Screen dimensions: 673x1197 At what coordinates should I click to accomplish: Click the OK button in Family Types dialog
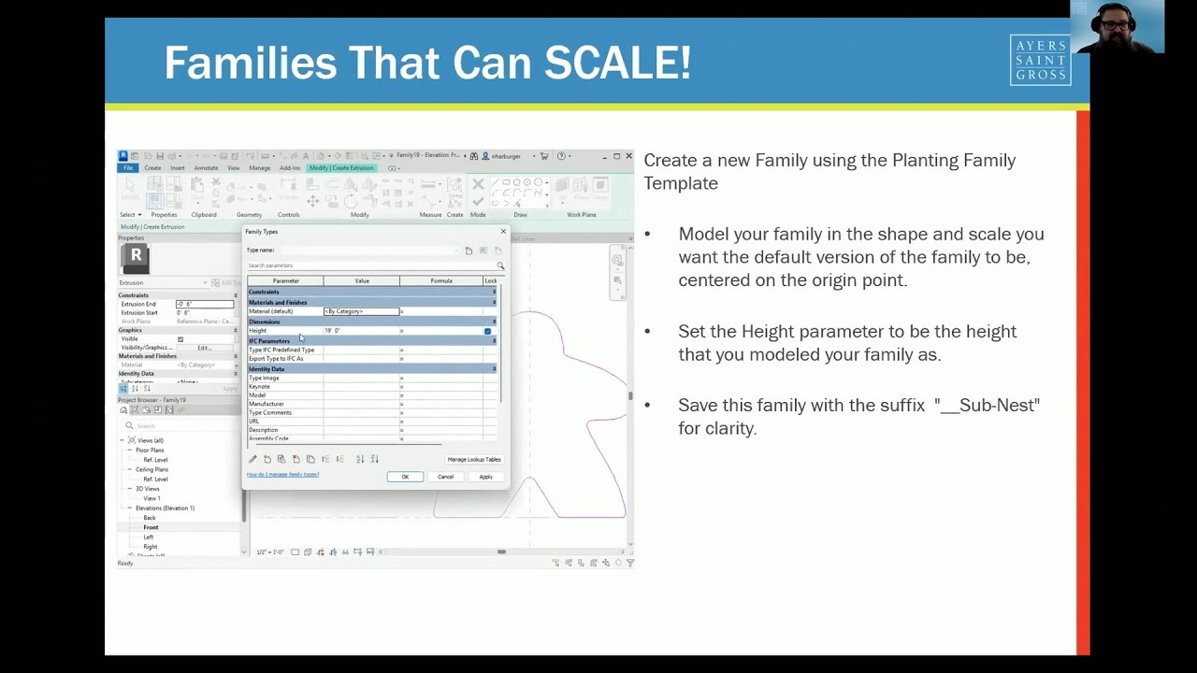405,477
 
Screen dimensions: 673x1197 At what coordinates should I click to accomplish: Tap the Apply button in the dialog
485,477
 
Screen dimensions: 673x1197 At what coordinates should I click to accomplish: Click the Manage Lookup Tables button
474,460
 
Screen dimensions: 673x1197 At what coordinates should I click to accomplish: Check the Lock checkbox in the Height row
487,331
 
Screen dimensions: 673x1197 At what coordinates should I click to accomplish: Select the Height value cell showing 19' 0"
361,331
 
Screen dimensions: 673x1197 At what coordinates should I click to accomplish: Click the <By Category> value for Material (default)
361,311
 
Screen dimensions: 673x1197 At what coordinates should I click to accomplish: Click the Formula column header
441,280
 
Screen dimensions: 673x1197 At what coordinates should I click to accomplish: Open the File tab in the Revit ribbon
128,168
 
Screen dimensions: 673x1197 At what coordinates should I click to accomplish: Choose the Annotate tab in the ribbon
206,168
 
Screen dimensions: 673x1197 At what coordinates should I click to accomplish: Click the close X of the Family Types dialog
503,232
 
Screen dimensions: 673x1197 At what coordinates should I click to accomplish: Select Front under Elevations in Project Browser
151,527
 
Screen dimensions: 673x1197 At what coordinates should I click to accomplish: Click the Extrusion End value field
204,304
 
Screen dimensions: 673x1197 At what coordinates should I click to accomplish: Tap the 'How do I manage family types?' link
282,475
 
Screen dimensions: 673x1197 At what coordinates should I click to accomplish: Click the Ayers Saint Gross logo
1040,61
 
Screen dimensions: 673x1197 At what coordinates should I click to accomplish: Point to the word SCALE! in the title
617,64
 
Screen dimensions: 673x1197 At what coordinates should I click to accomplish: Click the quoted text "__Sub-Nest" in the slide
987,405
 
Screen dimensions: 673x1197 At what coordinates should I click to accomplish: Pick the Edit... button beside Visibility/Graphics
204,348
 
